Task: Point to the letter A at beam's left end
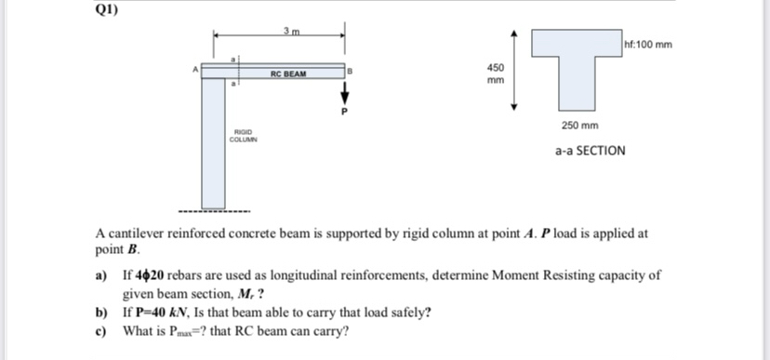[194, 67]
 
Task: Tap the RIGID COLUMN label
[244, 137]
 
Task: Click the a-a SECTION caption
[590, 150]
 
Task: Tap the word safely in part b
[410, 311]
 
